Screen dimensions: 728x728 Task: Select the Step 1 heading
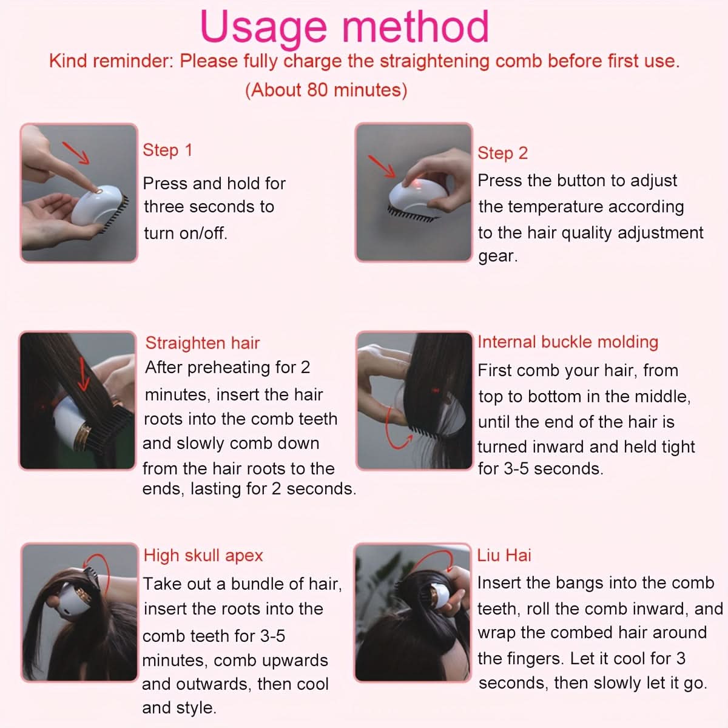167,150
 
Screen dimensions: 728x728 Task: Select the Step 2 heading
502,153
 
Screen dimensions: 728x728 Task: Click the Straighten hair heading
203,343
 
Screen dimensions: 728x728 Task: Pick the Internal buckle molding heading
568,342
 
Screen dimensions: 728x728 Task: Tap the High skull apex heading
203,556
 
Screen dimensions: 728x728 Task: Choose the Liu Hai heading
504,555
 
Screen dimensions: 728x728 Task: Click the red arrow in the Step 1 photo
76,153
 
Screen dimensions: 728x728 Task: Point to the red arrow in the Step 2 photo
382,166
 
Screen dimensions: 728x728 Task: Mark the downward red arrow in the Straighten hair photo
83,374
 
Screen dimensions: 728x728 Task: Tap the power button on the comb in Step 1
98,192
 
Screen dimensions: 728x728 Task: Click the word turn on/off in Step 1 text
186,234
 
